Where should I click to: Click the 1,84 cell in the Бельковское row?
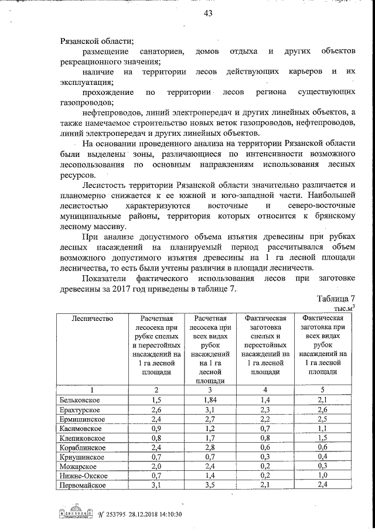(x=209, y=399)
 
